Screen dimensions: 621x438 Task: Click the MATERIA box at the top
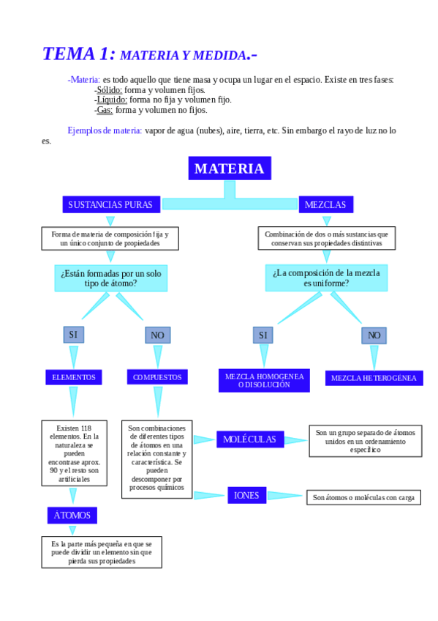pyautogui.click(x=230, y=168)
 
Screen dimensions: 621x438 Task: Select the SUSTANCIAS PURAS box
pyautogui.click(x=110, y=205)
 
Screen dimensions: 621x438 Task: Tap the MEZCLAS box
pyautogui.click(x=325, y=205)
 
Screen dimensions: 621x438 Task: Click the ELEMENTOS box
pyautogui.click(x=73, y=377)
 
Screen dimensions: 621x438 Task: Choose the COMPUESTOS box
pyautogui.click(x=157, y=377)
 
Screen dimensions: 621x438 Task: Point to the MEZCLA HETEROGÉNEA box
pyautogui.click(x=374, y=378)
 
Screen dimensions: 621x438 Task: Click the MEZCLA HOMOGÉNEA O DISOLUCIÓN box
pyautogui.click(x=264, y=380)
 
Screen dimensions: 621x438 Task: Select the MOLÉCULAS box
pyautogui.click(x=249, y=439)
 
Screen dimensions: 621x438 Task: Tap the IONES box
pyautogui.click(x=246, y=496)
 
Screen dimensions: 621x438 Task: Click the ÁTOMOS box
pyautogui.click(x=72, y=516)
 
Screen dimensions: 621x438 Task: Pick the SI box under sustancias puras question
pyautogui.click(x=73, y=335)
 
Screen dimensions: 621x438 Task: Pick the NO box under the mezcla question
pyautogui.click(x=374, y=335)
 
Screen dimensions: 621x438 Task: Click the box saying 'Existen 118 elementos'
pyautogui.click(x=74, y=452)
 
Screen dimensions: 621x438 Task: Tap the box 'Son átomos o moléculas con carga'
pyautogui.click(x=363, y=498)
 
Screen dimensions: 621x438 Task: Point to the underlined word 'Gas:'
pyautogui.click(x=105, y=110)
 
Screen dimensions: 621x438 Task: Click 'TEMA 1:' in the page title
pyautogui.click(x=78, y=53)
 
